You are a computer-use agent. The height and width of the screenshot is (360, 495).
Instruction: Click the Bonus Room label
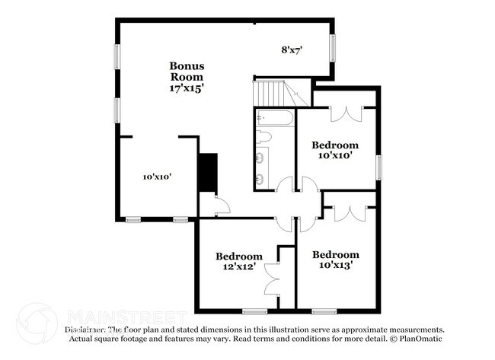coord(187,71)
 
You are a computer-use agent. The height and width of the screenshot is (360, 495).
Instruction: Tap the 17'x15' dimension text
coord(187,88)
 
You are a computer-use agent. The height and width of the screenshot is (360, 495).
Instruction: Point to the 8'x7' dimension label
coord(292,50)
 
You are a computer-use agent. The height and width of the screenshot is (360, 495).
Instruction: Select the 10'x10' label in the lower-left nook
coord(157,177)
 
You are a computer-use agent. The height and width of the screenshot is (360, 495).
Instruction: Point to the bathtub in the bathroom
coord(274,118)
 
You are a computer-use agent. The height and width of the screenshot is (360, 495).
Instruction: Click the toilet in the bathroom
coord(264,138)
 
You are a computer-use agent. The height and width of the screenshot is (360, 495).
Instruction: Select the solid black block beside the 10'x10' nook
coord(207,173)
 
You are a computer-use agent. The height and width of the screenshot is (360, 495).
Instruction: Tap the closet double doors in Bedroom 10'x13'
coord(350,213)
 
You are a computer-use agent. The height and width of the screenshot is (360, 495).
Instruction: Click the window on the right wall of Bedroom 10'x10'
coord(378,166)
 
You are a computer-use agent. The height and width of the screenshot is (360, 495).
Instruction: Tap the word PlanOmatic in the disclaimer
coord(418,338)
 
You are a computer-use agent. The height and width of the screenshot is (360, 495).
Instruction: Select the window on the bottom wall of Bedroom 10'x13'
coord(324,311)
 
